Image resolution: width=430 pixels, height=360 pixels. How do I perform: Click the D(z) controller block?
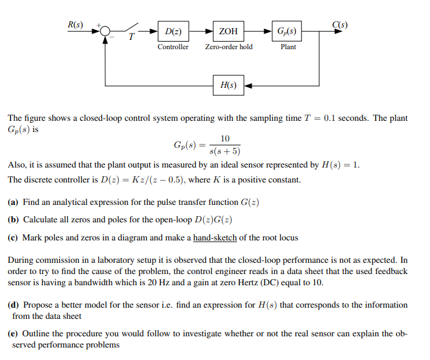pos(174,31)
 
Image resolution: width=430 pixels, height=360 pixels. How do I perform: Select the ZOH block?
pos(229,31)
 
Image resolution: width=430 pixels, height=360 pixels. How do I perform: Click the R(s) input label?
pos(75,25)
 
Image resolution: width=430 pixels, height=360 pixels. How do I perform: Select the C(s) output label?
pos(340,25)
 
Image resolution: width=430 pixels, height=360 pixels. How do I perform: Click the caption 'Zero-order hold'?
pos(229,47)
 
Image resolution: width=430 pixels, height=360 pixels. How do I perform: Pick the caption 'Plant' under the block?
pos(288,47)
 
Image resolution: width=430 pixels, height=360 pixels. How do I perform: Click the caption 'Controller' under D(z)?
pos(173,47)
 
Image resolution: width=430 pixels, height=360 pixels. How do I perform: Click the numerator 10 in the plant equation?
pos(225,138)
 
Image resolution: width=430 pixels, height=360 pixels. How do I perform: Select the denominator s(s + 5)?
pos(225,151)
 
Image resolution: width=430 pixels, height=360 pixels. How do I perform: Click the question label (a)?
pos(13,202)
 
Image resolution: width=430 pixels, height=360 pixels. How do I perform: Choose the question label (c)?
pos(13,237)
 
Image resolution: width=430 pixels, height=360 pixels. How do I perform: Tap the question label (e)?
pos(13,333)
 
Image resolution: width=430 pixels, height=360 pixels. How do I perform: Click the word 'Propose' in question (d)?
pos(37,305)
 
